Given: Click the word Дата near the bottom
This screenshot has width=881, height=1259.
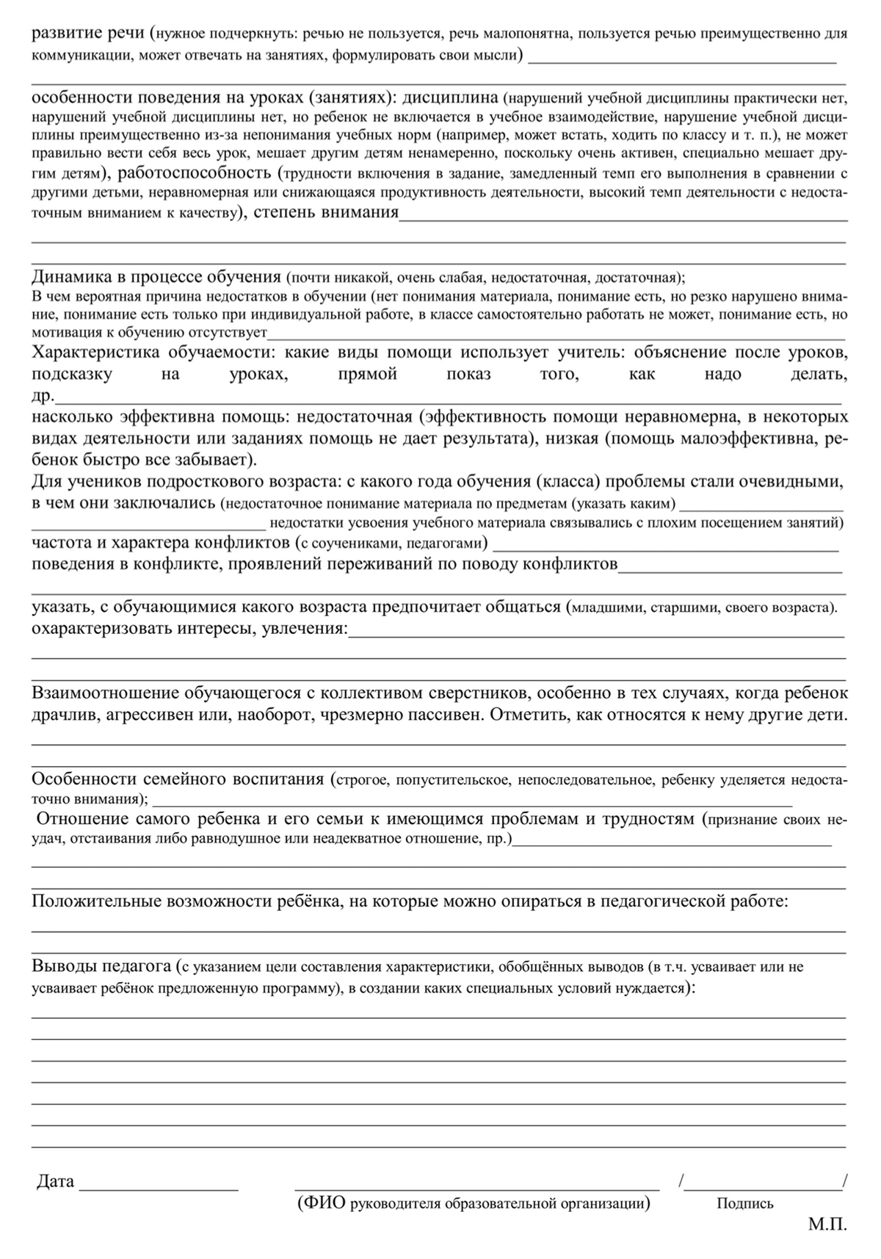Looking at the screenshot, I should (x=55, y=1182).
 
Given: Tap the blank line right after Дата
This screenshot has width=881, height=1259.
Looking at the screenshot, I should (x=159, y=1186).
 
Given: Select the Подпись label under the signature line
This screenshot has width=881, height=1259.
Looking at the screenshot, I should (x=745, y=1204).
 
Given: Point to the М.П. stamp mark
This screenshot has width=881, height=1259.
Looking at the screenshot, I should (x=827, y=1225).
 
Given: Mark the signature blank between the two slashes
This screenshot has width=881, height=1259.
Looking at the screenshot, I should (x=764, y=1186).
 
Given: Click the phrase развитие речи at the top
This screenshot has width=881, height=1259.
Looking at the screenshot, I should (x=88, y=33).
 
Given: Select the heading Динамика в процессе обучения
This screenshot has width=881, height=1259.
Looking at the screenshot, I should (x=156, y=277).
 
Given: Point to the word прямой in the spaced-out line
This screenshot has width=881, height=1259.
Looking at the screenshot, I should (x=367, y=374).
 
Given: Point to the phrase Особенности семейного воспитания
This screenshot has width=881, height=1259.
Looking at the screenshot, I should (x=177, y=779).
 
